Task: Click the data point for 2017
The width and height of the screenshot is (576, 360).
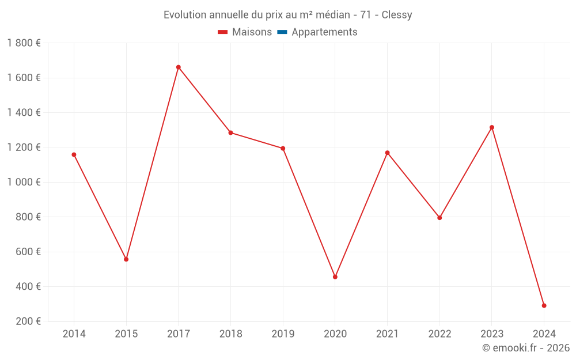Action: coord(179,67)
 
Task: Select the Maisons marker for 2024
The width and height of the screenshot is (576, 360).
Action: coord(544,306)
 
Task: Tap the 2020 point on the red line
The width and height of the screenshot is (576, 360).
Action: coord(335,277)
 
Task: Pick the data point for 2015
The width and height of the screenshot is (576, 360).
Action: coord(126,259)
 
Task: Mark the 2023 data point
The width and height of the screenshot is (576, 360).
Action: coord(492,127)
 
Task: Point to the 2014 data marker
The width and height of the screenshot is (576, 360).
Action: coord(74,154)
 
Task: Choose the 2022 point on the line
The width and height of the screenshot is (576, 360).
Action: coord(439,218)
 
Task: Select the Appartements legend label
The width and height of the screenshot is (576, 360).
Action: coord(324,32)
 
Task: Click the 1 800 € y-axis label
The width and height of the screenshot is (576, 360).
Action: coord(24,43)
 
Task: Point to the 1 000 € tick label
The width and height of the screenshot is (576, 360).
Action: coord(24,182)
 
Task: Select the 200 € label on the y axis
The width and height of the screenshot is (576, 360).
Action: coord(27,321)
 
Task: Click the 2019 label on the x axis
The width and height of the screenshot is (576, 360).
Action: coord(283,334)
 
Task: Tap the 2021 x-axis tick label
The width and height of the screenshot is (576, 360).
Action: coord(387,334)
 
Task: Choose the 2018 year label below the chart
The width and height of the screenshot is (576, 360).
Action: coord(230,334)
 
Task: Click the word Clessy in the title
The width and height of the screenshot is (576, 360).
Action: coord(396,15)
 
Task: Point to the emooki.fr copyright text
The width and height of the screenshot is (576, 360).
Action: coord(526,348)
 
